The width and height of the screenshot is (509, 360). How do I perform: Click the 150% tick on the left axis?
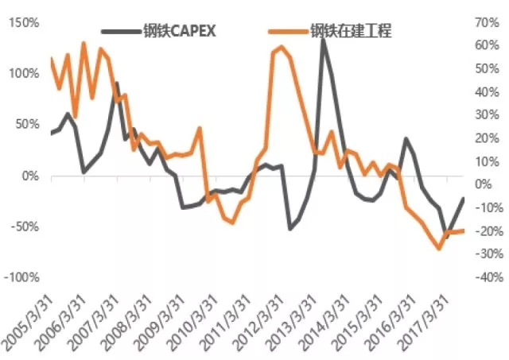23,22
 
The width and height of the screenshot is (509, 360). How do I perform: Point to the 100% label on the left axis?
23,74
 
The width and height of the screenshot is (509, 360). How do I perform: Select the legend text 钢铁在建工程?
351,32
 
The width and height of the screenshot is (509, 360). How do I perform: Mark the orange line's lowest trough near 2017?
438,249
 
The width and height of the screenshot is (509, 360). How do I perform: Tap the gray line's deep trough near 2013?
289,229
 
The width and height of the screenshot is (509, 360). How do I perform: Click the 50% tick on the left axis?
25,125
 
